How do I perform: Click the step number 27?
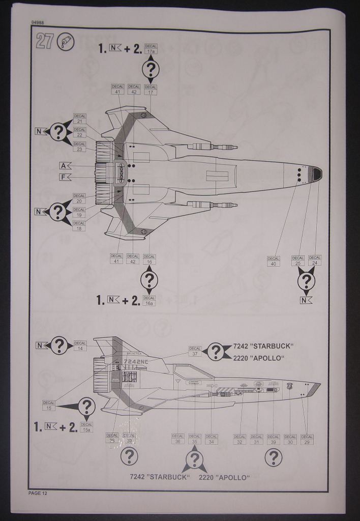[45, 42]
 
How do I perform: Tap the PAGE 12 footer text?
[38, 493]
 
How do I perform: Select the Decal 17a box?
[151, 49]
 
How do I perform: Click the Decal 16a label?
[149, 301]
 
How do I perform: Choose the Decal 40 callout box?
[274, 261]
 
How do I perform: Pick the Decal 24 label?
[315, 260]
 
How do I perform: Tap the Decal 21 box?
[80, 119]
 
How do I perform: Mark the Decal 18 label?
[79, 225]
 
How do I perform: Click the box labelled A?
[63, 165]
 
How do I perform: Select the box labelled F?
[63, 177]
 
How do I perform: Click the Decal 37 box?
[195, 351]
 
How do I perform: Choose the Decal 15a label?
[86, 427]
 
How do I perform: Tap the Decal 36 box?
[177, 439]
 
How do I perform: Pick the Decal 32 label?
[239, 440]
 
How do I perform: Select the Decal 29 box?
[307, 440]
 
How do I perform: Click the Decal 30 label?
[290, 440]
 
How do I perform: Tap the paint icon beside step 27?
[66, 42]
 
